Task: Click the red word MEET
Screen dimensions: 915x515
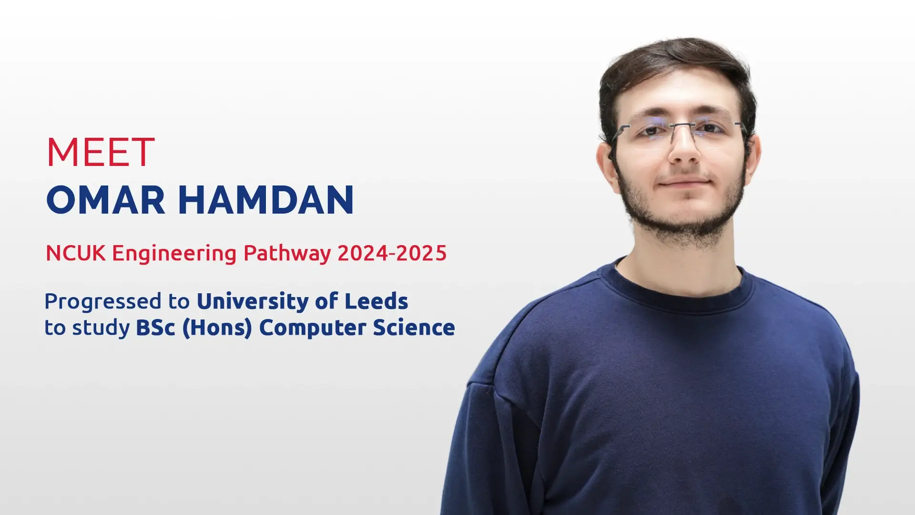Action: (x=101, y=152)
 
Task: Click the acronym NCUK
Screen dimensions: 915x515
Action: (x=75, y=253)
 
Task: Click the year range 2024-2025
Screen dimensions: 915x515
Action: (x=392, y=253)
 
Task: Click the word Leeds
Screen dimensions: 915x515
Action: (x=376, y=301)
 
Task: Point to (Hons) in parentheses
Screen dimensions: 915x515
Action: (x=217, y=328)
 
